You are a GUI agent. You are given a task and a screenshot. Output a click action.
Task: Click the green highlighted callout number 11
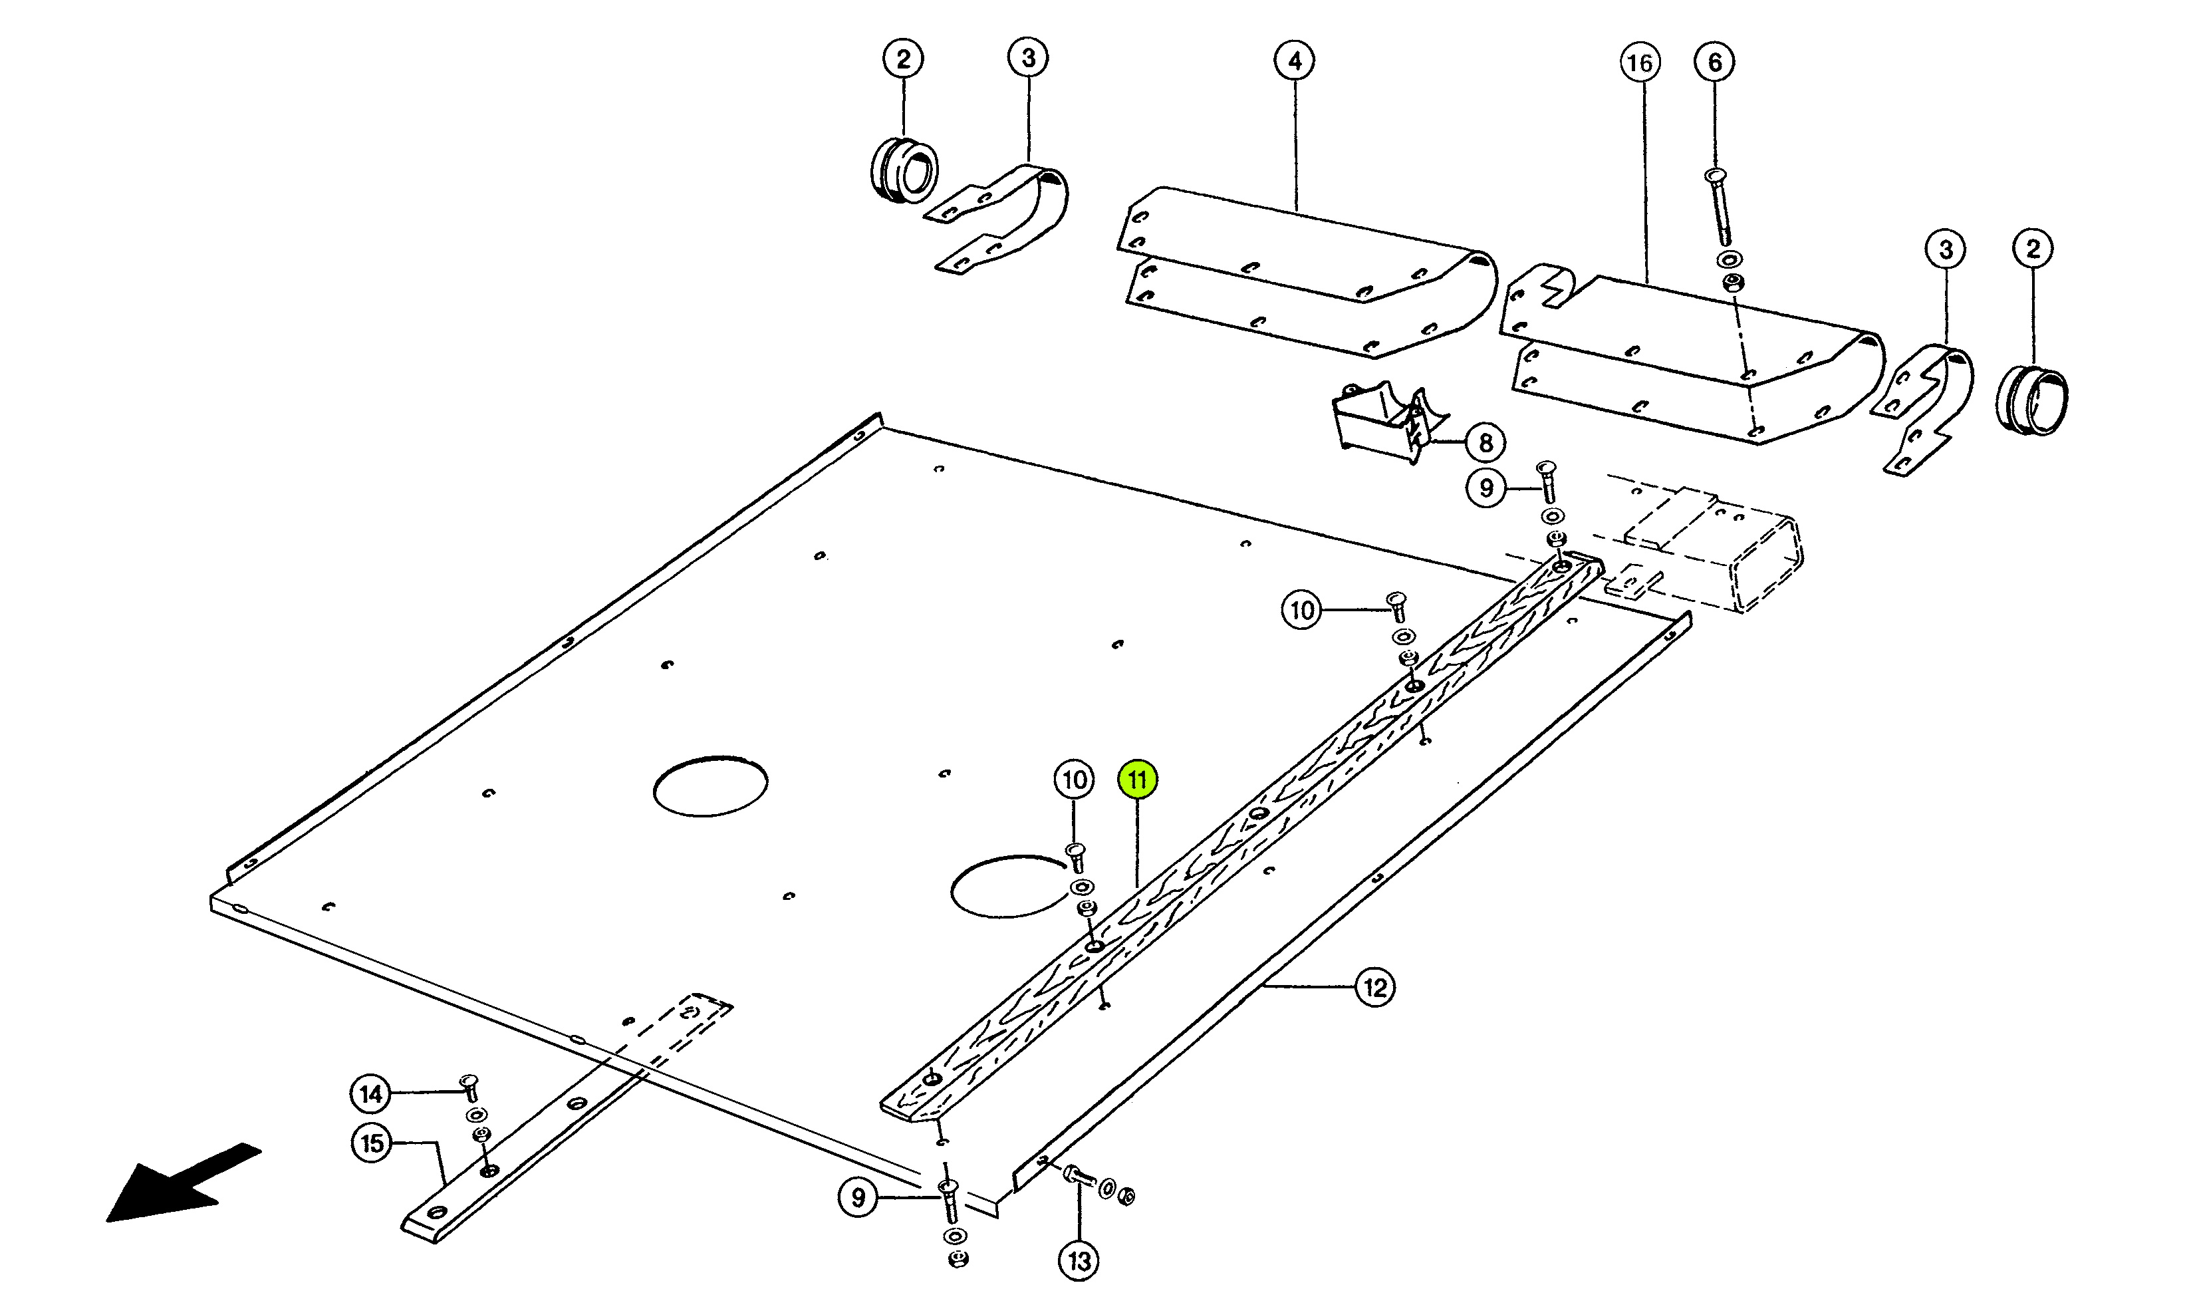(x=1138, y=779)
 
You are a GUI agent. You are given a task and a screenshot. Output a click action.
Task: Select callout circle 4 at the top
(x=1295, y=61)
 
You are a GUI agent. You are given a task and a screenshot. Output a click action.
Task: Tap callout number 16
(x=1640, y=63)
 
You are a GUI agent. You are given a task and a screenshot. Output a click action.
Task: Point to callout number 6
(x=1714, y=62)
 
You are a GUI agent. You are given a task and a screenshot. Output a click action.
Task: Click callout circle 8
(x=1486, y=442)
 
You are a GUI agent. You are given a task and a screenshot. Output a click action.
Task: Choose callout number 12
(x=1375, y=987)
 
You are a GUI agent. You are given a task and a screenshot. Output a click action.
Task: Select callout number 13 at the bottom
(x=1079, y=1260)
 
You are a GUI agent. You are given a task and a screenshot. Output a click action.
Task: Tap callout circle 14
(x=371, y=1093)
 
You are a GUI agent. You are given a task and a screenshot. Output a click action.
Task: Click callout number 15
(x=372, y=1143)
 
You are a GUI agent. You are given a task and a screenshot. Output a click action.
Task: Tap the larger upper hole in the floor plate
(x=710, y=786)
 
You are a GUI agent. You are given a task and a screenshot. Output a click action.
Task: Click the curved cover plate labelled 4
(x=1305, y=271)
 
